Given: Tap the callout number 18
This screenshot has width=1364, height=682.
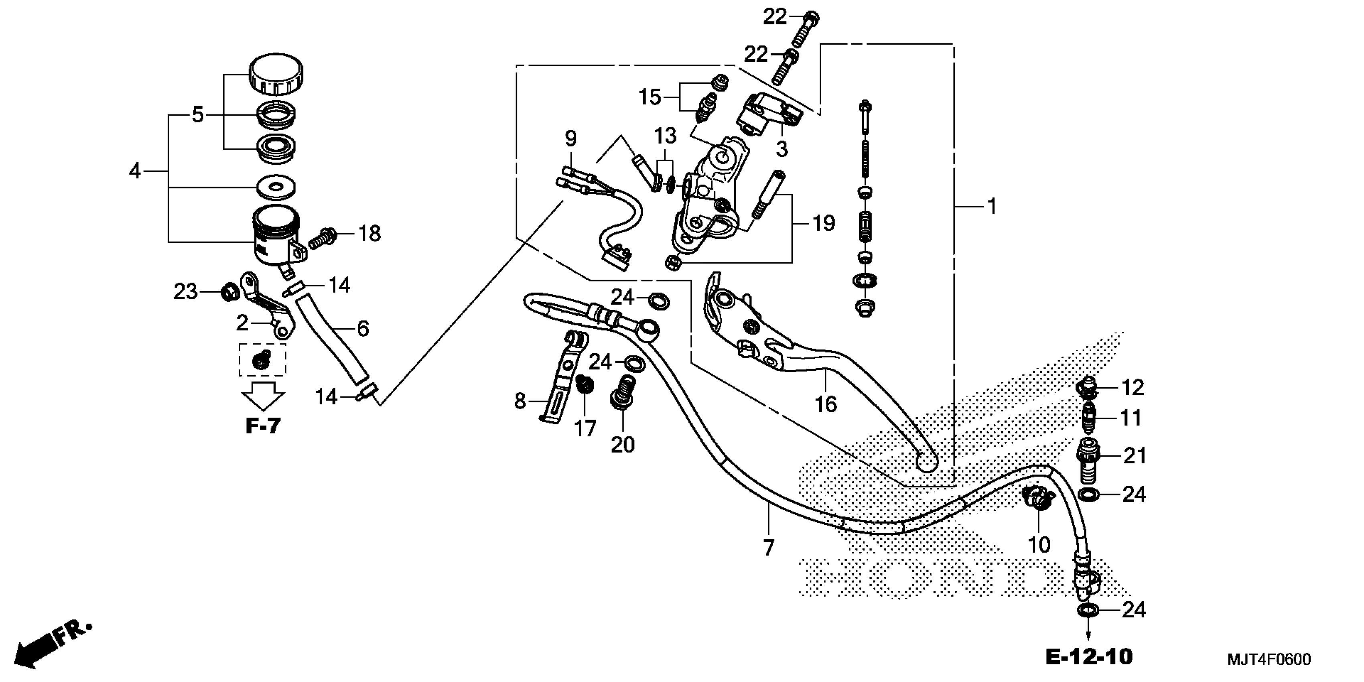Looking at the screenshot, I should [369, 233].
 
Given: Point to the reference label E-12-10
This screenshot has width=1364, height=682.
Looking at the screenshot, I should [1089, 657].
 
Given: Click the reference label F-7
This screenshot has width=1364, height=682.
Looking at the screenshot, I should [263, 426].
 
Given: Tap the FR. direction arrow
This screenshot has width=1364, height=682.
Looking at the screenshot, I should [53, 643].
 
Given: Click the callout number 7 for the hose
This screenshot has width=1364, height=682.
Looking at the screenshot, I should [768, 547].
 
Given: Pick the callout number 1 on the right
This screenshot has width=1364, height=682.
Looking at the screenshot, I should [992, 206].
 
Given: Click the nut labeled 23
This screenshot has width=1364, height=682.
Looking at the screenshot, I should [229, 291].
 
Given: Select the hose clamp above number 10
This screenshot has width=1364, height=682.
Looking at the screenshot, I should [1038, 498].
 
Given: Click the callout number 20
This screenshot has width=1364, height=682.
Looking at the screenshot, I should [623, 445].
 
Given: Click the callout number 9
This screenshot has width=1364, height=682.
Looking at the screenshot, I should [570, 139].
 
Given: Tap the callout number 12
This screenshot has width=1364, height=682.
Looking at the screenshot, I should [1133, 388].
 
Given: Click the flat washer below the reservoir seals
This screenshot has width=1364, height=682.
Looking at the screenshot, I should [275, 187].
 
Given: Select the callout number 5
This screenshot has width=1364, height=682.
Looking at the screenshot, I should [197, 114].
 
